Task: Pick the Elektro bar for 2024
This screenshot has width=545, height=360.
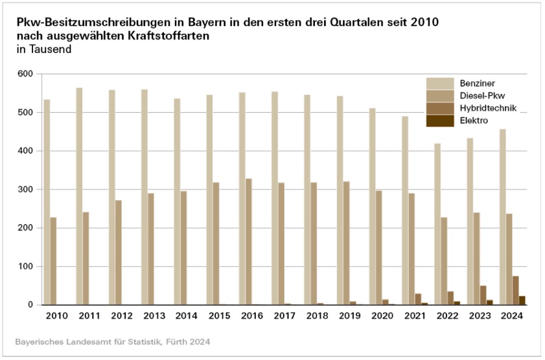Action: pyautogui.click(x=522, y=300)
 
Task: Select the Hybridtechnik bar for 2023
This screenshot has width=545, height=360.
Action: pyautogui.click(x=483, y=295)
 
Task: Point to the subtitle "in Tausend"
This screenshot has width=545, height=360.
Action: pyautogui.click(x=44, y=49)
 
